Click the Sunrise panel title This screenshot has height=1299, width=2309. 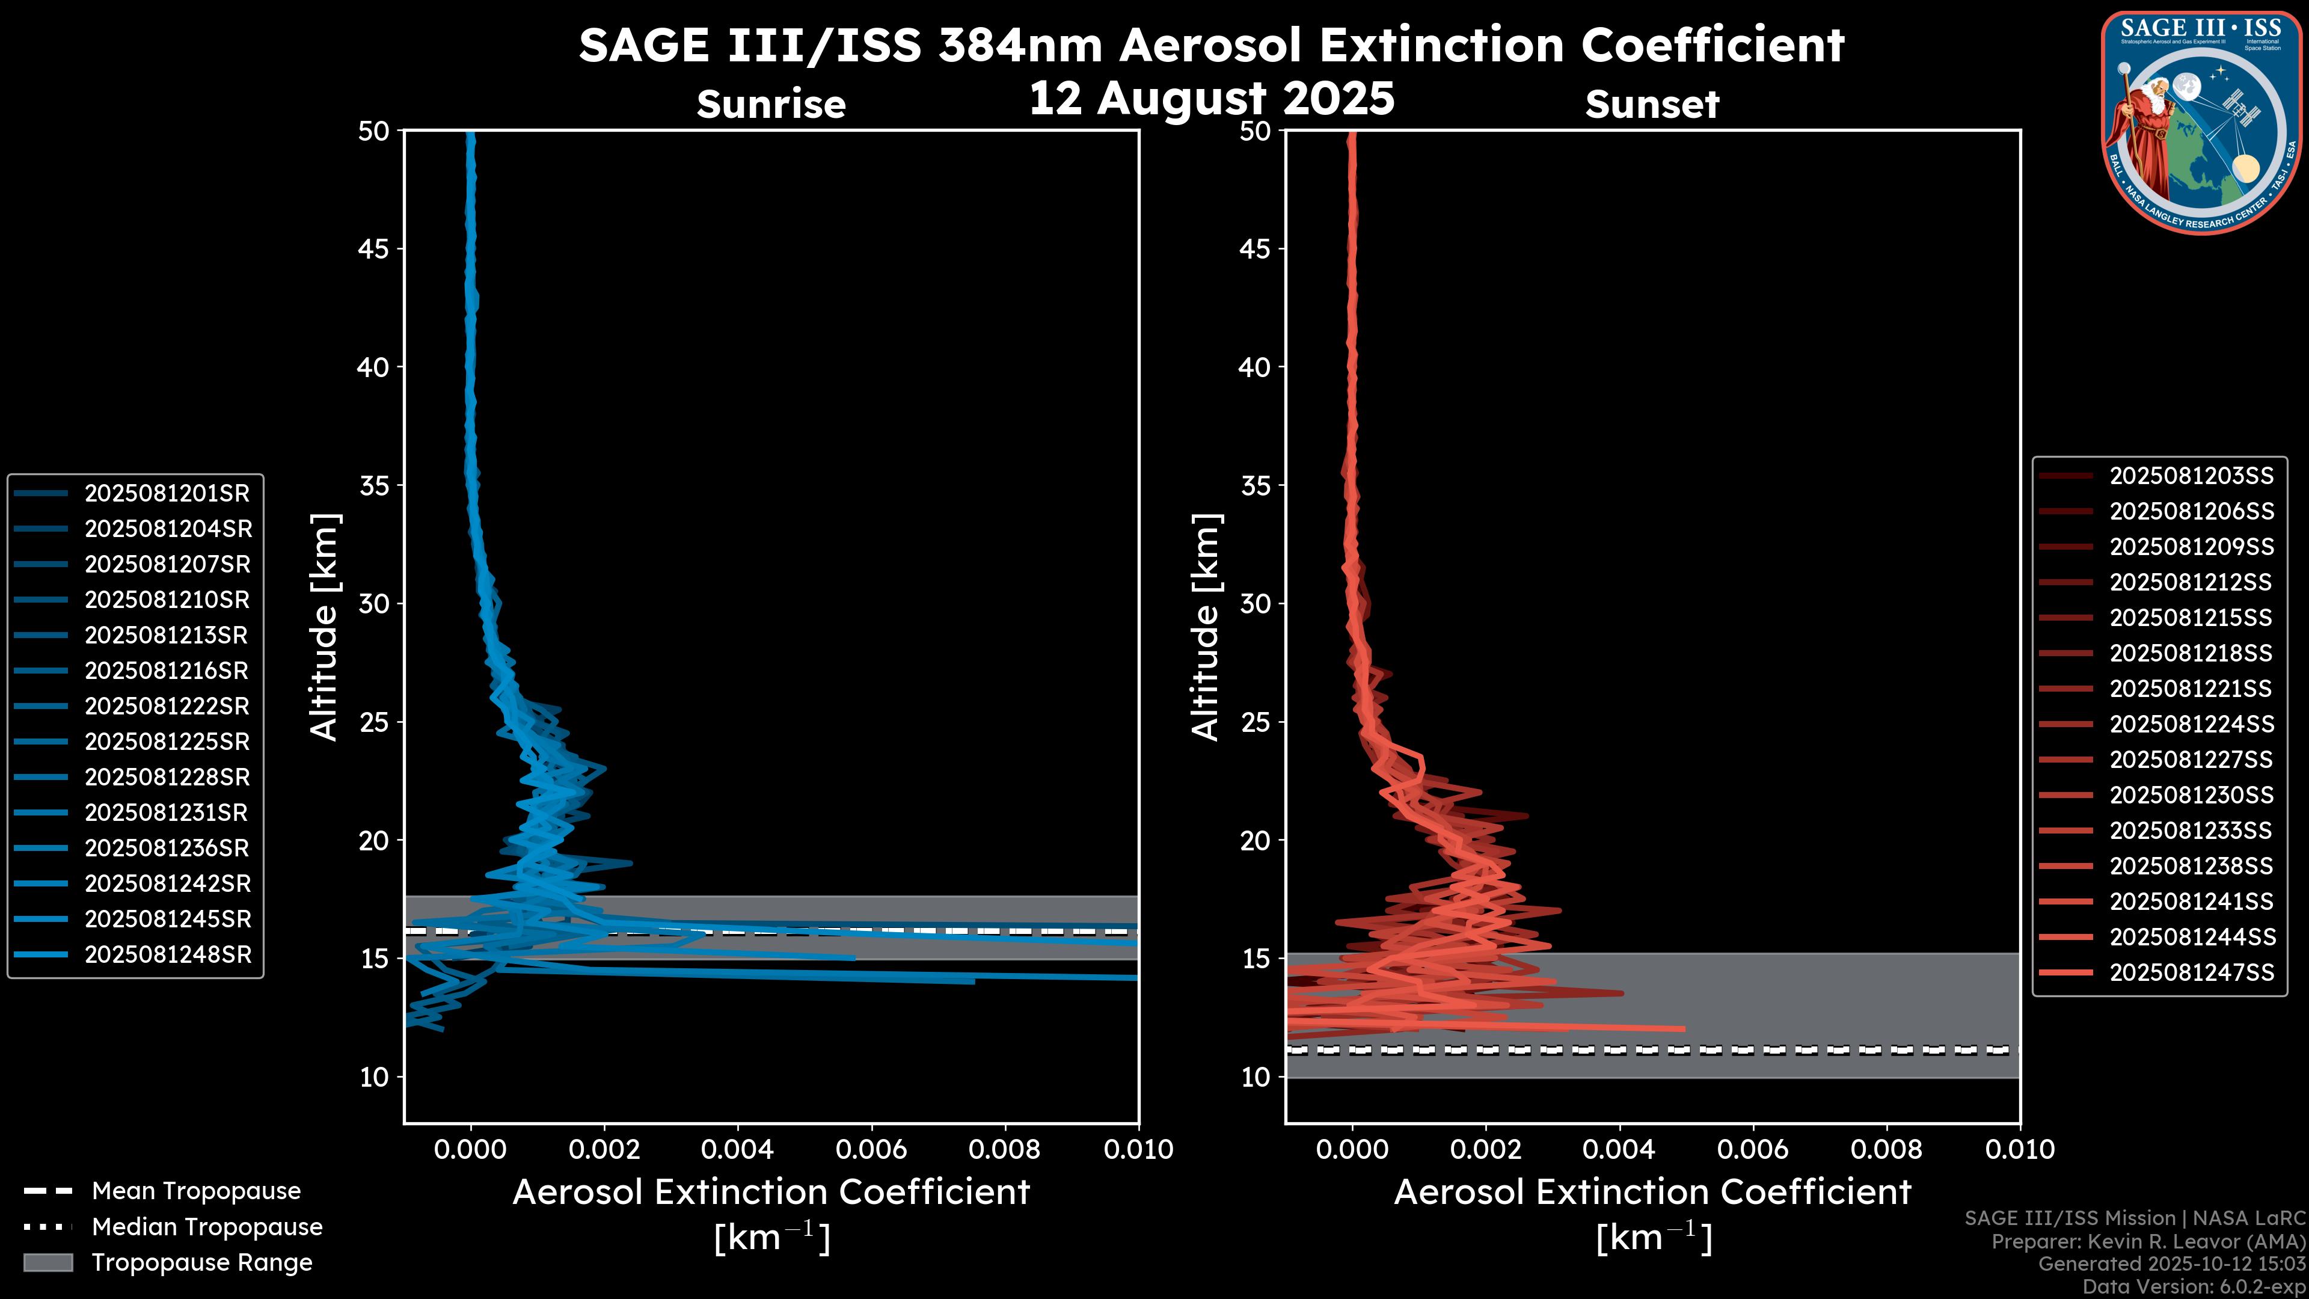[771, 105]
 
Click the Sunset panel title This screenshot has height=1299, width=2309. [1652, 105]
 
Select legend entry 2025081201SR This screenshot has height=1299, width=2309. [167, 493]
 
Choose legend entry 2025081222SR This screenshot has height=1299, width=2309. [167, 707]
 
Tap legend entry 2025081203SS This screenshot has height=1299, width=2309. [2191, 476]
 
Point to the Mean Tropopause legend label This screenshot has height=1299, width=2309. [196, 1191]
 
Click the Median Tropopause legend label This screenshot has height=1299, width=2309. [207, 1227]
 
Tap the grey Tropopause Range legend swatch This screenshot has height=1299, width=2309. [48, 1263]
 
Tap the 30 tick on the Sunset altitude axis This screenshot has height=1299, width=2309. [1255, 604]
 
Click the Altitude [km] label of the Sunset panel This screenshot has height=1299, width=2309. [1206, 627]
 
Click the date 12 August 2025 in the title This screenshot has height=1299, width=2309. [1211, 99]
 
